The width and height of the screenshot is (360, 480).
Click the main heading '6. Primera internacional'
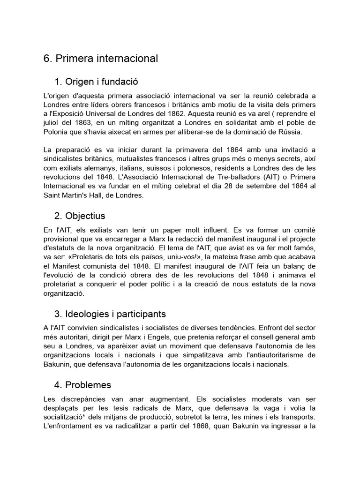(x=101, y=59)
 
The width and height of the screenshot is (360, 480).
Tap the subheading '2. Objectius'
(x=80, y=216)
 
